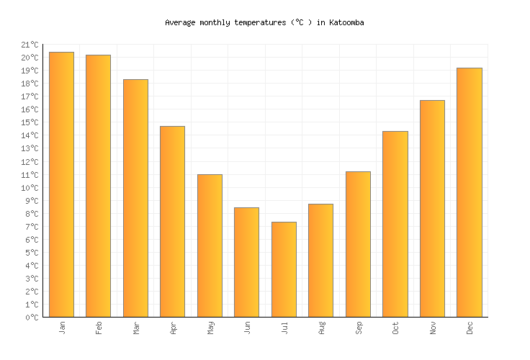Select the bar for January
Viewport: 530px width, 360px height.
click(x=61, y=184)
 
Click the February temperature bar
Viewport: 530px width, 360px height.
click(x=98, y=186)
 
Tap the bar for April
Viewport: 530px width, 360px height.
click(x=172, y=221)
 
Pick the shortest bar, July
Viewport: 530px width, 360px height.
click(x=284, y=269)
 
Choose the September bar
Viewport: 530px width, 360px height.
click(x=358, y=244)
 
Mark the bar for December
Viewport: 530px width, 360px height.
click(x=469, y=192)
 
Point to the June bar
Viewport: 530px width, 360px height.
click(x=246, y=262)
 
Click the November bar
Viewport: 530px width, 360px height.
click(x=432, y=208)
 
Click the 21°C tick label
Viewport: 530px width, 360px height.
click(x=30, y=45)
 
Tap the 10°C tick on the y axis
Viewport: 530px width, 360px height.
click(x=30, y=188)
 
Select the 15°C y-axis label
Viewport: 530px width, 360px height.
click(x=30, y=123)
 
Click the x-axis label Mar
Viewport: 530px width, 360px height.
click(x=136, y=328)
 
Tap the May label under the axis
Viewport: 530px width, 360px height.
click(x=210, y=328)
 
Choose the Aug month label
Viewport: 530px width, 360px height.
click(x=321, y=328)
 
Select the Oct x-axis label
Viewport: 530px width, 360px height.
click(x=395, y=328)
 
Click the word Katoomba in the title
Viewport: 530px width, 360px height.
click(x=346, y=22)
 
